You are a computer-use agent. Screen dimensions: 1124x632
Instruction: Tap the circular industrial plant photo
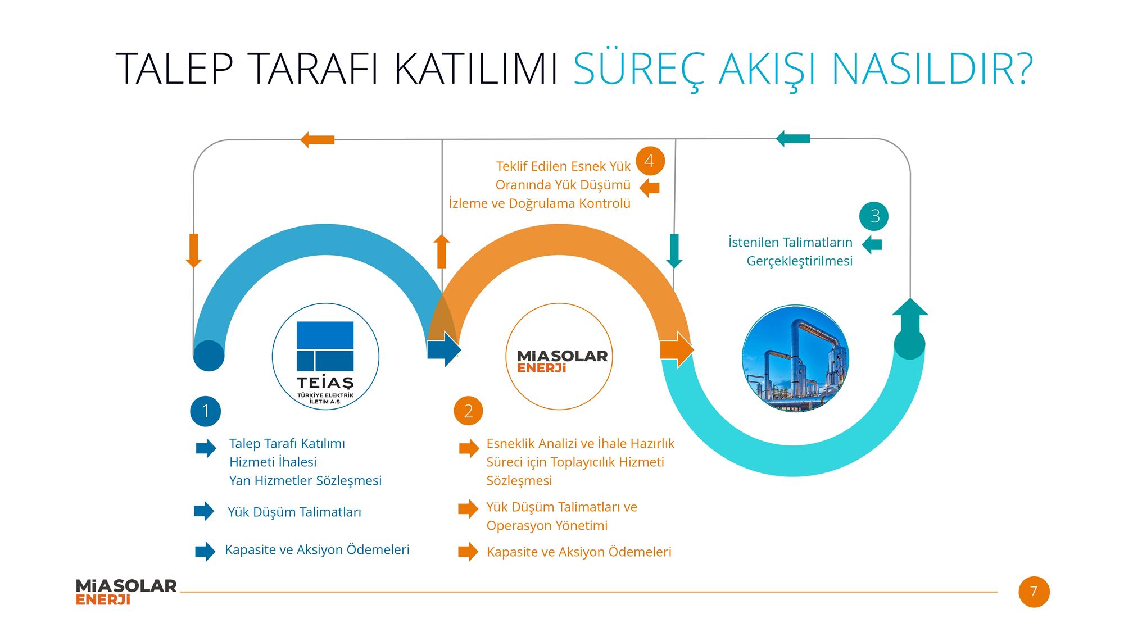click(795, 358)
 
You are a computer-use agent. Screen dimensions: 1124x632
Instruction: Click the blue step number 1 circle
click(206, 411)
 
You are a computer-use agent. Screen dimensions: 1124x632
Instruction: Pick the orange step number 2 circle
click(469, 411)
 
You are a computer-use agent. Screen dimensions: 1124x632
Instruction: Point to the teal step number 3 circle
click(874, 216)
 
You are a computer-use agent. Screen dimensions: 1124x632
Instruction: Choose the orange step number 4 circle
click(650, 161)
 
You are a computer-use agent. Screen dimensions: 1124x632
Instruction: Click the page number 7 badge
click(1034, 592)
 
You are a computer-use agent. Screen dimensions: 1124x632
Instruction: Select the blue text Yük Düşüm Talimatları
click(294, 512)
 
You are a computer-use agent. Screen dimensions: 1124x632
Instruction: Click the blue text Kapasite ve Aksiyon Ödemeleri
click(317, 549)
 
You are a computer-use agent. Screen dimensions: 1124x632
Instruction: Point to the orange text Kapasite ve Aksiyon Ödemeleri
click(579, 552)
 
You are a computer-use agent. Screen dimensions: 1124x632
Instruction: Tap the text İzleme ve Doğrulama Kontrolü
click(540, 203)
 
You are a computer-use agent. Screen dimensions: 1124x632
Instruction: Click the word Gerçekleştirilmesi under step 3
click(800, 261)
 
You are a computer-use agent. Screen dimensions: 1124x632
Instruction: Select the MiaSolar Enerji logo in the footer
click(126, 592)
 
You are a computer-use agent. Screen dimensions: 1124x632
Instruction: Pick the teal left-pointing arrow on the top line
click(793, 138)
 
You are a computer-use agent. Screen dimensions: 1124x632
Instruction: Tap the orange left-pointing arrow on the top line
click(318, 139)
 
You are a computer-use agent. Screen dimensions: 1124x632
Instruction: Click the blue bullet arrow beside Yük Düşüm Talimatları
click(204, 511)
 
